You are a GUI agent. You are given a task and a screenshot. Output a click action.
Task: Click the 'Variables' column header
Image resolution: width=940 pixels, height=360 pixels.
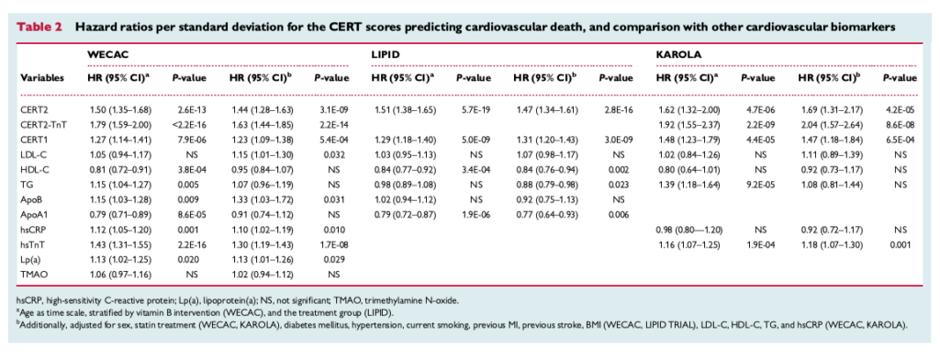(x=41, y=78)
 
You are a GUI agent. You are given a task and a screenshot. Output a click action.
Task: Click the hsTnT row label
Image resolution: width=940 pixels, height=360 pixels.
(x=34, y=243)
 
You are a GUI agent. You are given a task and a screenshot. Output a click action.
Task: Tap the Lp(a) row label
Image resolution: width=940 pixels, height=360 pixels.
(x=33, y=258)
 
